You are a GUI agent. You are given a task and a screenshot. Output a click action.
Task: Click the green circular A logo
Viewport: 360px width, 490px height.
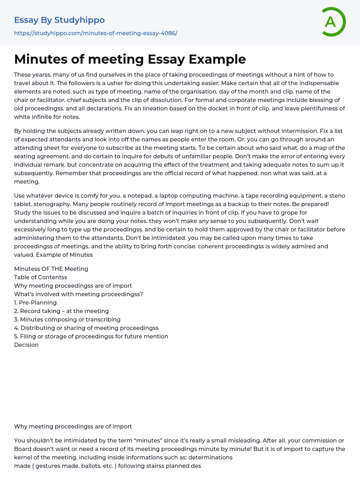click(333, 22)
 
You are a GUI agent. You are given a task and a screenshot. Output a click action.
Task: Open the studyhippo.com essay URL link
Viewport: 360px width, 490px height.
click(96, 33)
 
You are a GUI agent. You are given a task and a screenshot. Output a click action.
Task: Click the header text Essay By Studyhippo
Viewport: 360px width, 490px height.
click(59, 20)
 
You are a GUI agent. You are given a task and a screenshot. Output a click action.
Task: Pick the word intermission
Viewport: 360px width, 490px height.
click(295, 131)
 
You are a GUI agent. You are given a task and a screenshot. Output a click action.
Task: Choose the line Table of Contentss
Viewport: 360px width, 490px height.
click(40, 277)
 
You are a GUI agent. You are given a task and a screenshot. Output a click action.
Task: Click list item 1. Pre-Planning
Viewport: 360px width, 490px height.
click(35, 303)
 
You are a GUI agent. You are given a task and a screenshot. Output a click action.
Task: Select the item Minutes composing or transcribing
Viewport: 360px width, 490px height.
click(70, 319)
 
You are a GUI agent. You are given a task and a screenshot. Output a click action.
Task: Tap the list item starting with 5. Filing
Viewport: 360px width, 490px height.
click(91, 336)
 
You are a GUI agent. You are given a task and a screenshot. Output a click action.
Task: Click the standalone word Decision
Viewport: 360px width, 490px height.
click(26, 345)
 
